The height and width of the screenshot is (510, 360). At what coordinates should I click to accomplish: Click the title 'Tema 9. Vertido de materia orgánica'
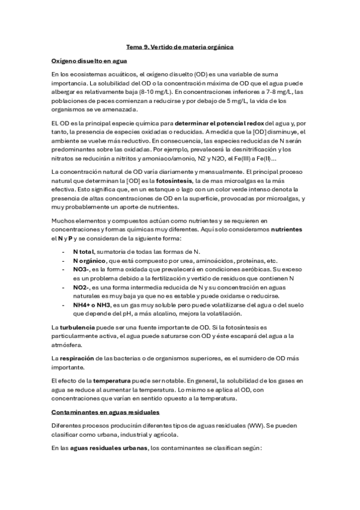coord(180,46)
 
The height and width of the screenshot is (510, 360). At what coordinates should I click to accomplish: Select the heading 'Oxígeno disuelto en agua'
coord(89,61)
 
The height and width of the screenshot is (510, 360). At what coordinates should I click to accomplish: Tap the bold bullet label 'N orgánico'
coord(89,261)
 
